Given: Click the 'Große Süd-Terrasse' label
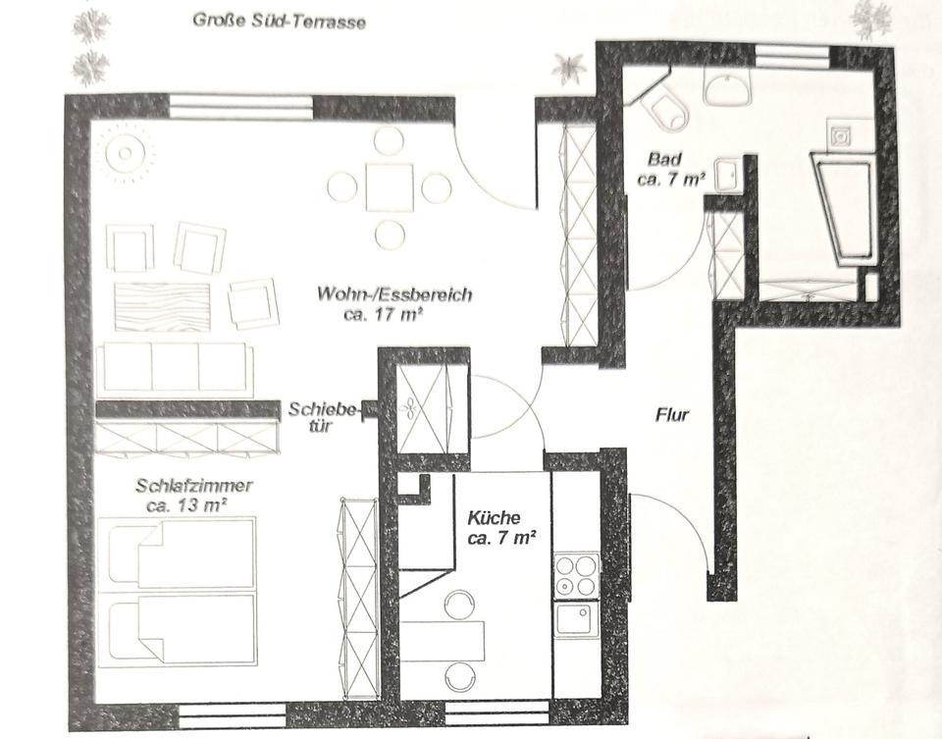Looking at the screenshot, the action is pos(279,21).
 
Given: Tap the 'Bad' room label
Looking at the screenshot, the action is pos(665,159).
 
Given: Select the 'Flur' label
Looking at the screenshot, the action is pos(671,414).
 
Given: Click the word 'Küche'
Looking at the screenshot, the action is pos(494,517).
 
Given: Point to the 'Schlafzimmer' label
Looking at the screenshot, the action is pos(194,485).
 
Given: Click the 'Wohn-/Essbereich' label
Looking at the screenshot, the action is pos(394,294).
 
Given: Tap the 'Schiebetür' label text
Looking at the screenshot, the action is pos(322,417).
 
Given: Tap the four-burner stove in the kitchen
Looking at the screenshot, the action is pos(576,575).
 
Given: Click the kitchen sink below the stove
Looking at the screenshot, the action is pos(576,620).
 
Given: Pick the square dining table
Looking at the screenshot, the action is pos(390,186).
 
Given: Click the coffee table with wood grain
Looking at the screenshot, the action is pos(162,306).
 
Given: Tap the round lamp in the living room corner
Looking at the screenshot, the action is pos(125,153).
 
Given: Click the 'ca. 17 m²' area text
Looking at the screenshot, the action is pos(385,314).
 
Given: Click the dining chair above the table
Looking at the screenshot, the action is pos(389,141).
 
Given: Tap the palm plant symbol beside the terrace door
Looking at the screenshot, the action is pos(568,69).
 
